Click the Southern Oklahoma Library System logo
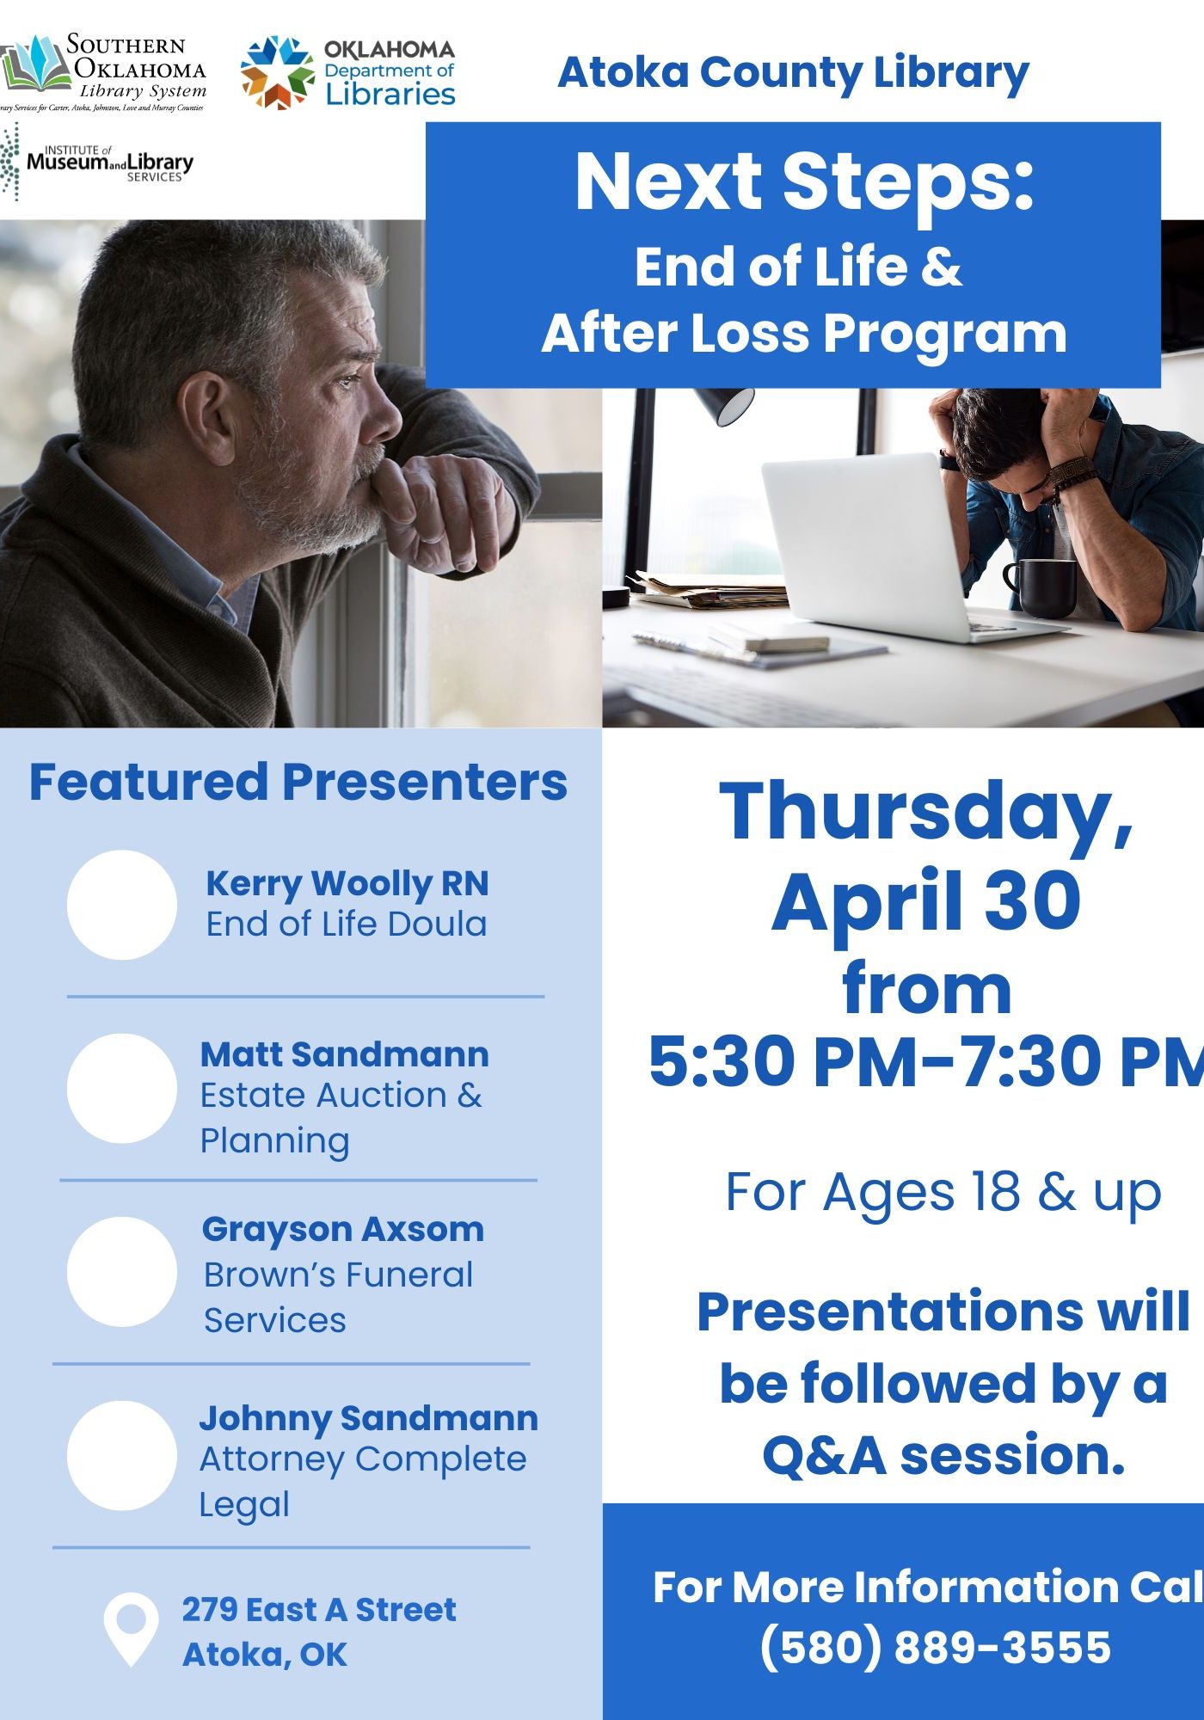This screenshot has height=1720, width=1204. pos(103,73)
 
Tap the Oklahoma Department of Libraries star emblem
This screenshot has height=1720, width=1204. pos(277,73)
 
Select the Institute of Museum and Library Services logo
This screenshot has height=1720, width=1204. pos(99,162)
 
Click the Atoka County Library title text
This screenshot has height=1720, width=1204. pos(793,72)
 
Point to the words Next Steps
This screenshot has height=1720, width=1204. pos(804,181)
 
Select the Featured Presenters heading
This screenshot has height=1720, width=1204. pos(298,782)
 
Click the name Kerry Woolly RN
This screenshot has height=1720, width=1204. pos(347,883)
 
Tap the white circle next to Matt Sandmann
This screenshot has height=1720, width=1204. pos(122,1088)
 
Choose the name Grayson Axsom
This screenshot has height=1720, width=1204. pos(342,1229)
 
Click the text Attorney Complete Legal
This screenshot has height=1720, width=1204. pos(361,1481)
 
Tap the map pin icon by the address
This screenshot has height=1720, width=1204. pos(131,1627)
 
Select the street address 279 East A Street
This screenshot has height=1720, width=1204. pos(318,1609)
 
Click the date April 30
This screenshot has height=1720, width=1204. pos(925,900)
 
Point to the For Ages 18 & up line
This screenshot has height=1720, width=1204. pos(943,1192)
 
